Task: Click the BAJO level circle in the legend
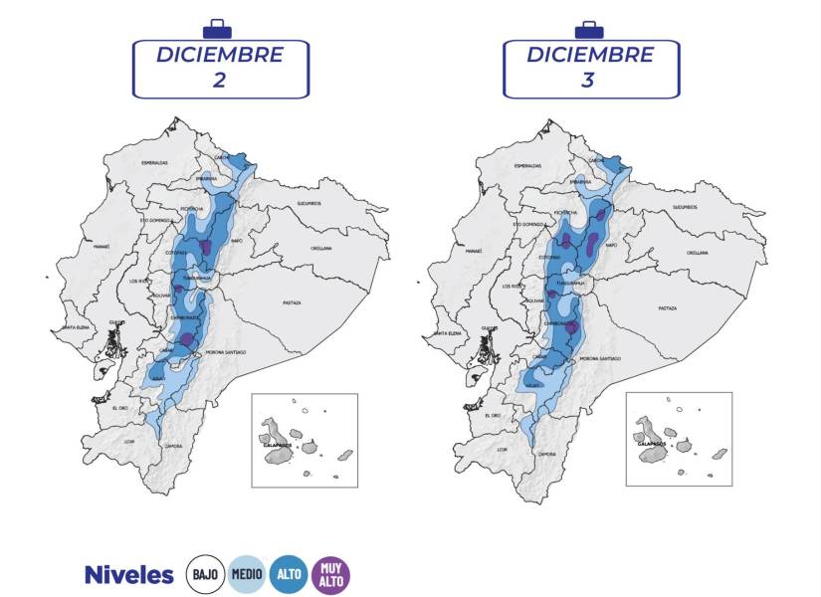click(x=206, y=574)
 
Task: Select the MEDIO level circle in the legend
click(x=247, y=574)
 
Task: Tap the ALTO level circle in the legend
click(x=289, y=574)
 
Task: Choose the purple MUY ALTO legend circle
click(x=330, y=574)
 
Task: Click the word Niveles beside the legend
click(x=128, y=575)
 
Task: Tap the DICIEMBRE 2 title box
click(x=220, y=68)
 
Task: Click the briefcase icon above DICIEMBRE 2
click(x=216, y=29)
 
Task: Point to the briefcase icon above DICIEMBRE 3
click(x=589, y=29)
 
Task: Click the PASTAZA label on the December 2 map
click(x=291, y=301)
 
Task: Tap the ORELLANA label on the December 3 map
click(x=696, y=253)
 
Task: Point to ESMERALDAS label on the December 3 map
click(x=527, y=165)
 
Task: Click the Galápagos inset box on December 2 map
click(x=305, y=439)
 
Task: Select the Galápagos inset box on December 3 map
click(x=679, y=439)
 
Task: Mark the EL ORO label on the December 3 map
click(x=494, y=414)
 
